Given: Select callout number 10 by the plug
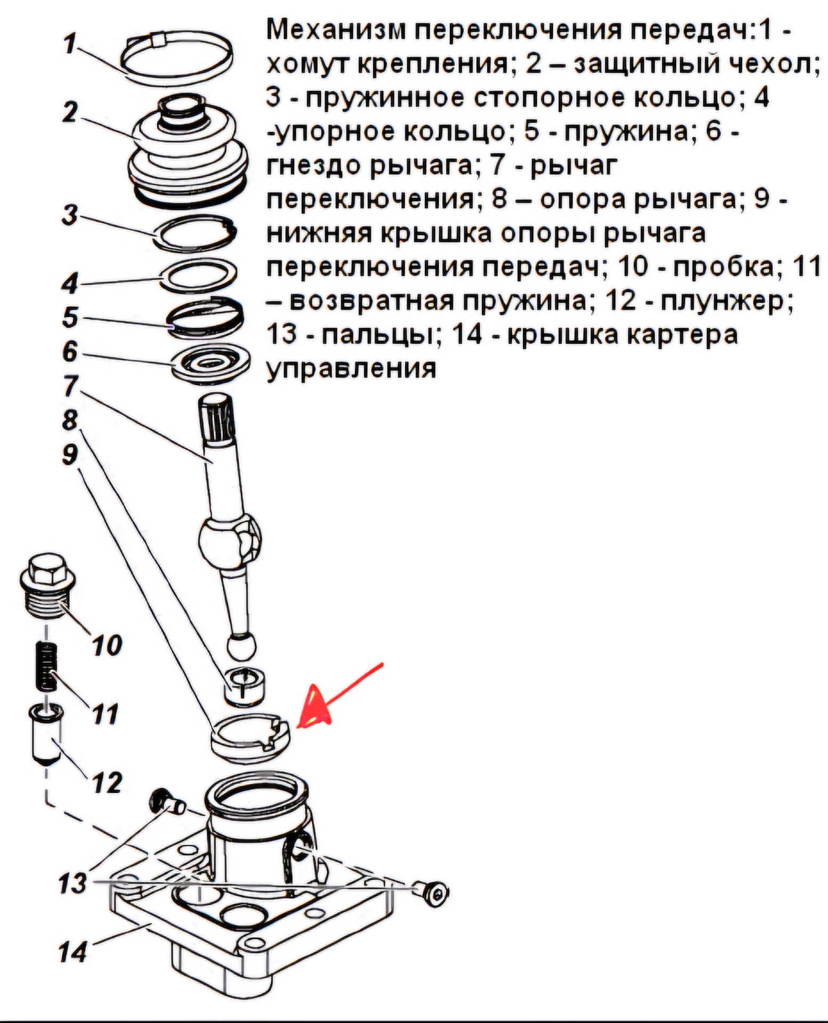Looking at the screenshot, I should tap(107, 645).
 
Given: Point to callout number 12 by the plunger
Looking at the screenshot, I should tap(107, 782).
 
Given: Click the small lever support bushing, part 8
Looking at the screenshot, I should tap(244, 685).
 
